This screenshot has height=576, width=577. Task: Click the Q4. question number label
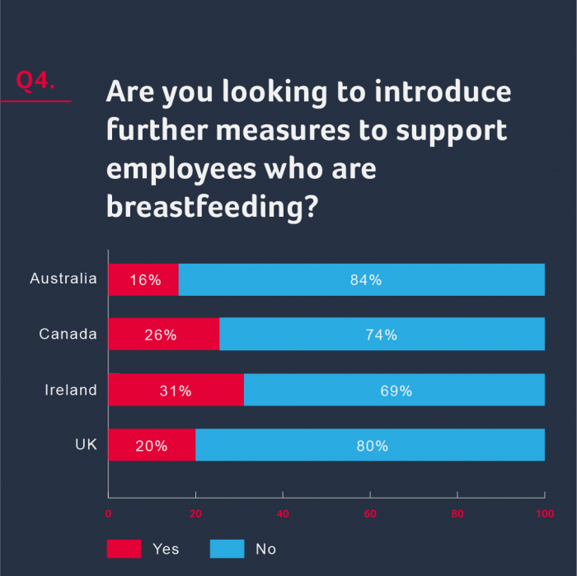click(35, 82)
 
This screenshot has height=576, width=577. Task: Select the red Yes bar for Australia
click(143, 279)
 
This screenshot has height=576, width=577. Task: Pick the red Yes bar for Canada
click(163, 335)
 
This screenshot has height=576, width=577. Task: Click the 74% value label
click(381, 335)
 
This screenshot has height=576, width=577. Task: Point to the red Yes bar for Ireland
click(176, 391)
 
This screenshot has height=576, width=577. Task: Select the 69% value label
click(396, 391)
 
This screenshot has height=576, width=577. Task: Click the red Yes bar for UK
click(152, 446)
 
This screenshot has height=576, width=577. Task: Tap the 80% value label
click(372, 446)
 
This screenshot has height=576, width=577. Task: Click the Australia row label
click(63, 279)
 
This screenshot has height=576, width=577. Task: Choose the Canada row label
click(68, 334)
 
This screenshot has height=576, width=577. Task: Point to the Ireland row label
click(71, 390)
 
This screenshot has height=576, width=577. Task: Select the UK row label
click(86, 445)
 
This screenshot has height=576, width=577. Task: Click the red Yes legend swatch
click(124, 549)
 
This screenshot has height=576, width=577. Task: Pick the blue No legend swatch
click(228, 549)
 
